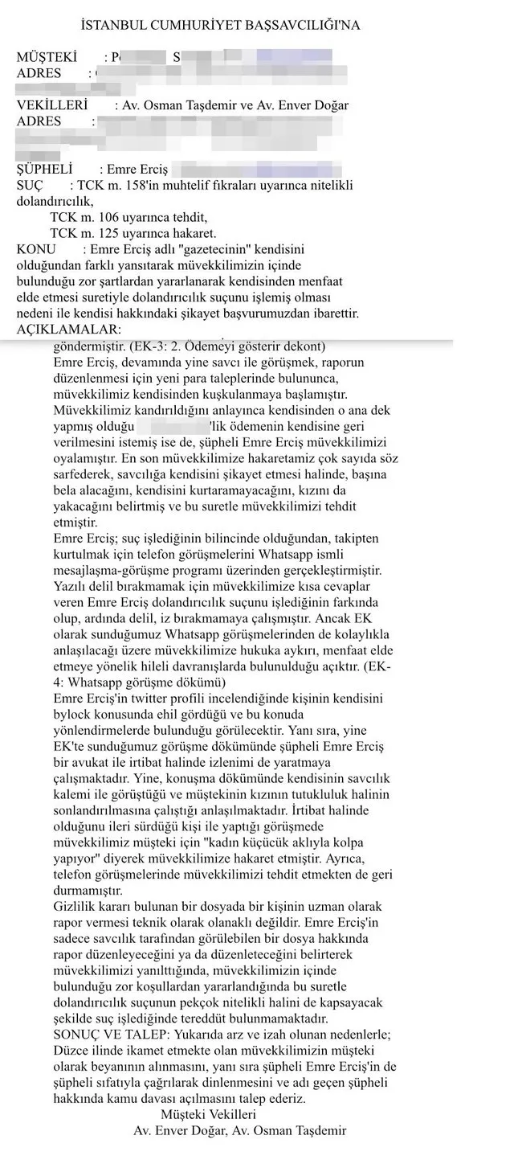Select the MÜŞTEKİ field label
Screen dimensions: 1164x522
point(47,57)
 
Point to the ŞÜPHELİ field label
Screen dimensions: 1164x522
point(45,170)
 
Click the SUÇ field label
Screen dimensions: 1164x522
point(33,185)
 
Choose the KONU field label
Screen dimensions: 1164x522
point(37,249)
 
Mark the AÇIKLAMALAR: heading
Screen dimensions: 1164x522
point(69,330)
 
